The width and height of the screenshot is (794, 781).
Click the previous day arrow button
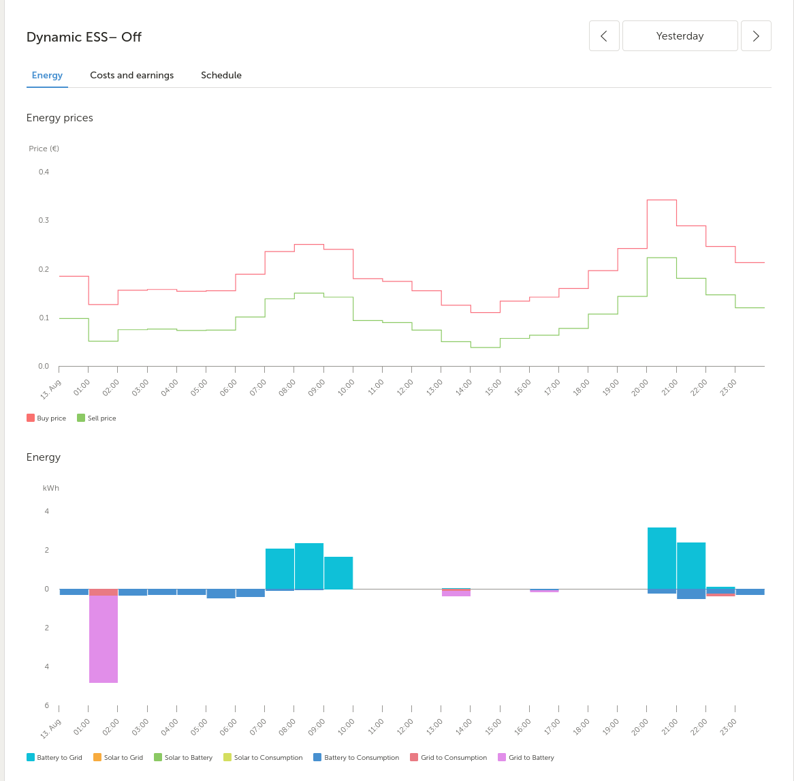[x=604, y=36]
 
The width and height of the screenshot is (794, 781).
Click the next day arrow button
[x=756, y=36]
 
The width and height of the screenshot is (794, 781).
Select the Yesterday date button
[x=680, y=36]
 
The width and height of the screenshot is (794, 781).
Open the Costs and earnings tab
[x=131, y=75]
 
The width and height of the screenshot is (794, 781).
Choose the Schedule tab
[x=221, y=75]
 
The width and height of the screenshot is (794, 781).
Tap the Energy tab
[x=47, y=75]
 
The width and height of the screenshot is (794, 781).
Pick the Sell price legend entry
[x=97, y=418]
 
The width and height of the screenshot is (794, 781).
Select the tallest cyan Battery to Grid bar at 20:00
[x=662, y=557]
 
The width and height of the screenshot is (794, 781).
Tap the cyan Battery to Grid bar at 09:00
[x=338, y=572]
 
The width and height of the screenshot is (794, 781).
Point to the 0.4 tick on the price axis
[x=44, y=172]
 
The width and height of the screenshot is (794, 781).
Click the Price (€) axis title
[x=44, y=149]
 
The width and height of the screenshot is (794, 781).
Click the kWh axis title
[x=51, y=488]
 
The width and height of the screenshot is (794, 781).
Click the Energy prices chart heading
[x=60, y=118]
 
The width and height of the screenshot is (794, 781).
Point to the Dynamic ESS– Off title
[x=84, y=37]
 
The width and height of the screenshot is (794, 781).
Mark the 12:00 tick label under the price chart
[x=404, y=387]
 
